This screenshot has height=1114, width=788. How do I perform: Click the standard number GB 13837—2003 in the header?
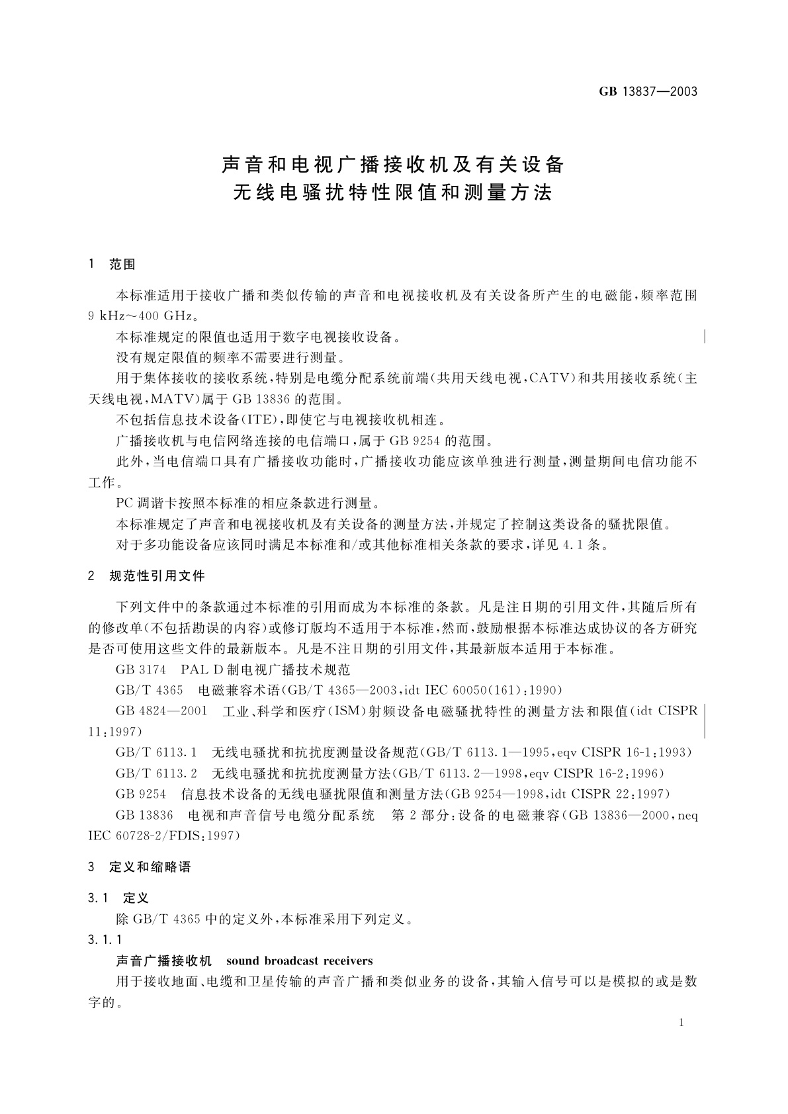pyautogui.click(x=648, y=92)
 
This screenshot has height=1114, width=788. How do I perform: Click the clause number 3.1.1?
pyautogui.click(x=105, y=939)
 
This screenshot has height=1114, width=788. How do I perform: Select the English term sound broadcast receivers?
pyautogui.click(x=299, y=961)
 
